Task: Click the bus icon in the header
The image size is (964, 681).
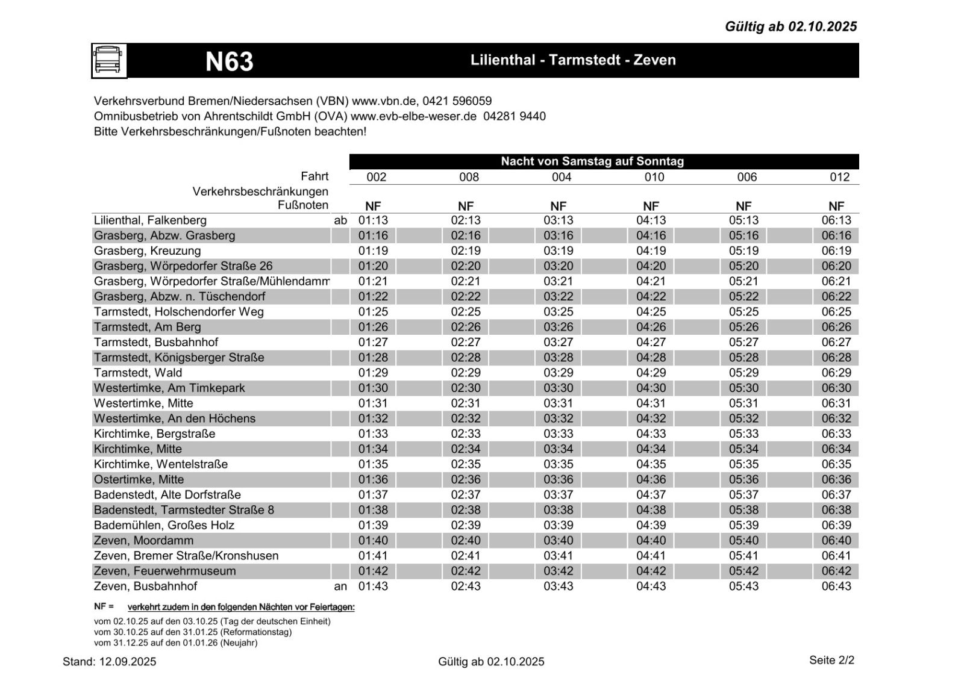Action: [109, 61]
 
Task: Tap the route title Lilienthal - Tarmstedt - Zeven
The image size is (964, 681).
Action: [573, 60]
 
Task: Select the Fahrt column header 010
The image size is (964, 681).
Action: [654, 177]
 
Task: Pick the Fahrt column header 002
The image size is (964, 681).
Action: [376, 177]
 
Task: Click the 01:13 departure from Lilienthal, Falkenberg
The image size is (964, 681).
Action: [373, 220]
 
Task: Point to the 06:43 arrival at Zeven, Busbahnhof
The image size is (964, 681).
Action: [836, 586]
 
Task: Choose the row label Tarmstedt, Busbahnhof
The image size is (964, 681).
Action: [156, 343]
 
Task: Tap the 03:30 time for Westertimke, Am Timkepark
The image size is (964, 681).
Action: [559, 388]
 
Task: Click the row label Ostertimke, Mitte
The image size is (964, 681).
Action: [139, 480]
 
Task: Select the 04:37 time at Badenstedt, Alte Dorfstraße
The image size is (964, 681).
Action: [651, 495]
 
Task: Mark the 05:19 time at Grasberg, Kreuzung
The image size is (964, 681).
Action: [743, 251]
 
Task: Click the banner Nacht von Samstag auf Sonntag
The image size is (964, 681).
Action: [592, 161]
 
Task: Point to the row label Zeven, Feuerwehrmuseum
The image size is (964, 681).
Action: [164, 571]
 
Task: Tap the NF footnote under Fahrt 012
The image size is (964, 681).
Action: [836, 206]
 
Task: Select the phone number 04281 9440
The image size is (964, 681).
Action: [515, 116]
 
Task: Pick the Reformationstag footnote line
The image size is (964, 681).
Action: [193, 632]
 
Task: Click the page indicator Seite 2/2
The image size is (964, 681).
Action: [831, 661]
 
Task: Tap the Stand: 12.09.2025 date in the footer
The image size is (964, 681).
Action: [109, 662]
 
